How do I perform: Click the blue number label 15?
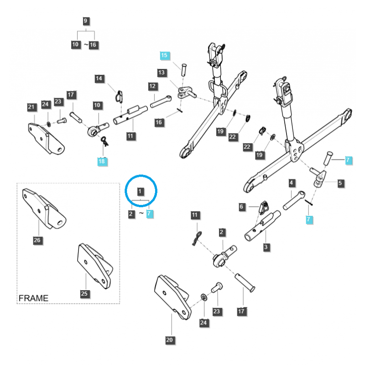[164, 55]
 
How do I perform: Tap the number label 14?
[99, 78]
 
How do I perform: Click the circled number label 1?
[141, 191]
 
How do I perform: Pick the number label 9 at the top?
[85, 21]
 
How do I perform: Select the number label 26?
[36, 240]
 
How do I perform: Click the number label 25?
[84, 293]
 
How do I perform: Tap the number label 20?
[170, 340]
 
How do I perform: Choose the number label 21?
[31, 107]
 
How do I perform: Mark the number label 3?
[266, 247]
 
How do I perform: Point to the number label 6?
[242, 207]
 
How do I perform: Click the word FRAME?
[33, 298]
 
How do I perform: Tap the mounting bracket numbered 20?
[171, 294]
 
